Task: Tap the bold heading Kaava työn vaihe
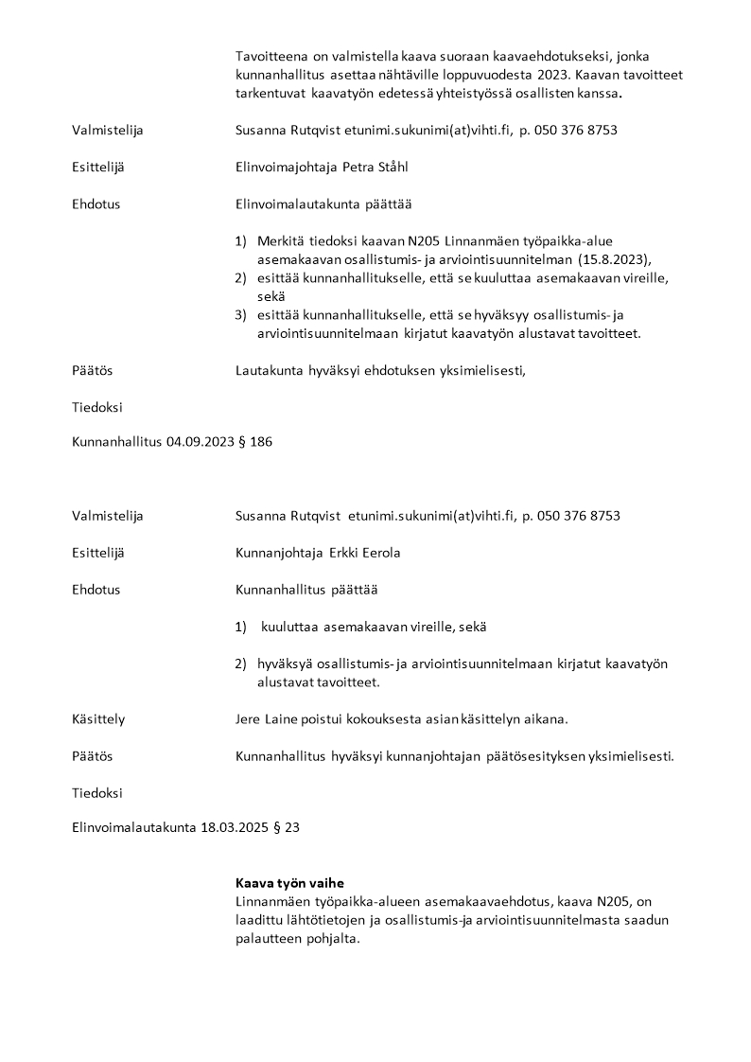point(289,882)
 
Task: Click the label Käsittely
point(98,719)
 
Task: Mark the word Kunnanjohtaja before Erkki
point(279,553)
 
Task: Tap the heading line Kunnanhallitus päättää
point(306,590)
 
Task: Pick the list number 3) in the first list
point(241,315)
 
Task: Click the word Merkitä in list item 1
point(279,240)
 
